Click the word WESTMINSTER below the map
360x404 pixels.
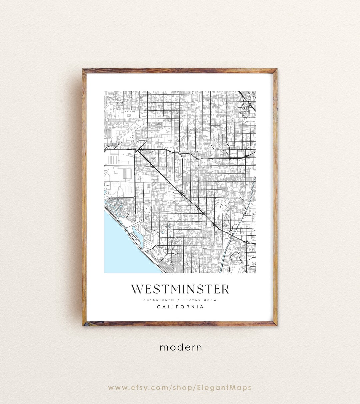(x=180, y=289)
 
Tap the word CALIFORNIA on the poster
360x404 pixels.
(x=180, y=307)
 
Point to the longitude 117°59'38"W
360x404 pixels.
(x=200, y=300)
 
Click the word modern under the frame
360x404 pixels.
(x=181, y=347)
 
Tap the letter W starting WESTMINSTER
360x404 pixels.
(x=137, y=289)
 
